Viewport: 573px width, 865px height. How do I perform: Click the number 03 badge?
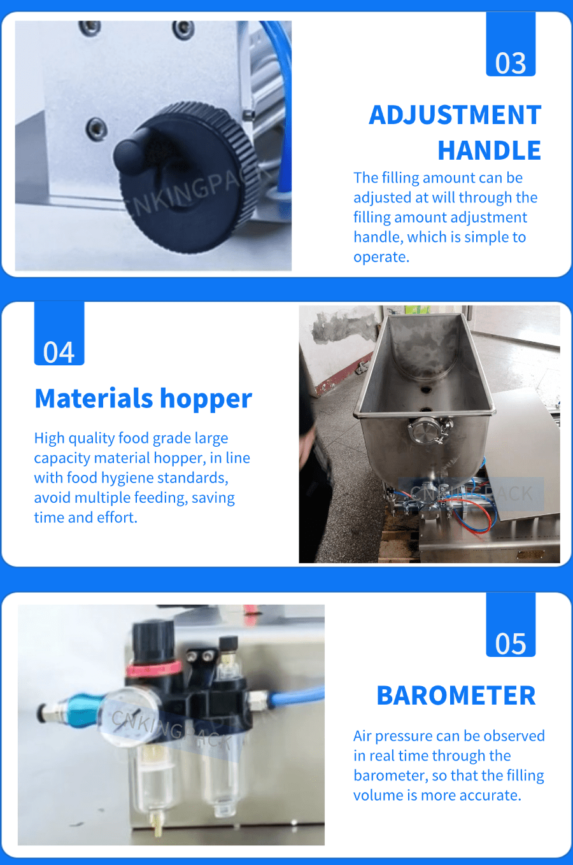pos(511,44)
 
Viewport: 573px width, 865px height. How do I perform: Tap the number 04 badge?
pos(59,334)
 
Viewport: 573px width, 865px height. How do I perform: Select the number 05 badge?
pos(511,624)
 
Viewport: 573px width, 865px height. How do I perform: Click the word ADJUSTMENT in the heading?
pos(455,115)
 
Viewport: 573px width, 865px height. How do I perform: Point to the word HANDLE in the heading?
pos(489,150)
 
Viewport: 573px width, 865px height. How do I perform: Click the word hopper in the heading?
pos(206,399)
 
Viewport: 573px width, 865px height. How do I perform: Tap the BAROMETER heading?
pos(456,696)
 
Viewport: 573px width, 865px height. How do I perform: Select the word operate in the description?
pos(380,257)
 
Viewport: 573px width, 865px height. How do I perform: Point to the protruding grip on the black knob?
pos(133,151)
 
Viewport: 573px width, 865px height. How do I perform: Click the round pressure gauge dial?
pos(128,715)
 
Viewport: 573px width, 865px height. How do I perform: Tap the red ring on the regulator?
pos(154,668)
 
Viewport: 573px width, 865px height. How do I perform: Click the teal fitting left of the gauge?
pos(83,710)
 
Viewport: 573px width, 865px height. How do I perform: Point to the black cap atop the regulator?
pos(153,638)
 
